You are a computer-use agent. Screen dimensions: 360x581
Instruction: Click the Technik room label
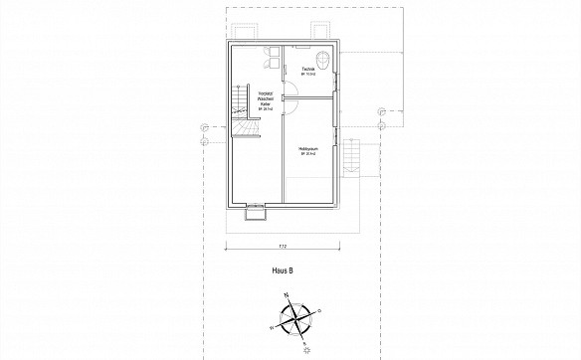(309, 67)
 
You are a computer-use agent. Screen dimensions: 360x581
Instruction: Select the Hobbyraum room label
(307, 148)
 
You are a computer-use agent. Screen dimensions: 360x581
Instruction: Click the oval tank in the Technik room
(326, 56)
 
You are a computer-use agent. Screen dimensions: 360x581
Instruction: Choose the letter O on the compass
(320, 310)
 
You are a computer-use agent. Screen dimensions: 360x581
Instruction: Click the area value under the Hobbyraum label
(307, 154)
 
